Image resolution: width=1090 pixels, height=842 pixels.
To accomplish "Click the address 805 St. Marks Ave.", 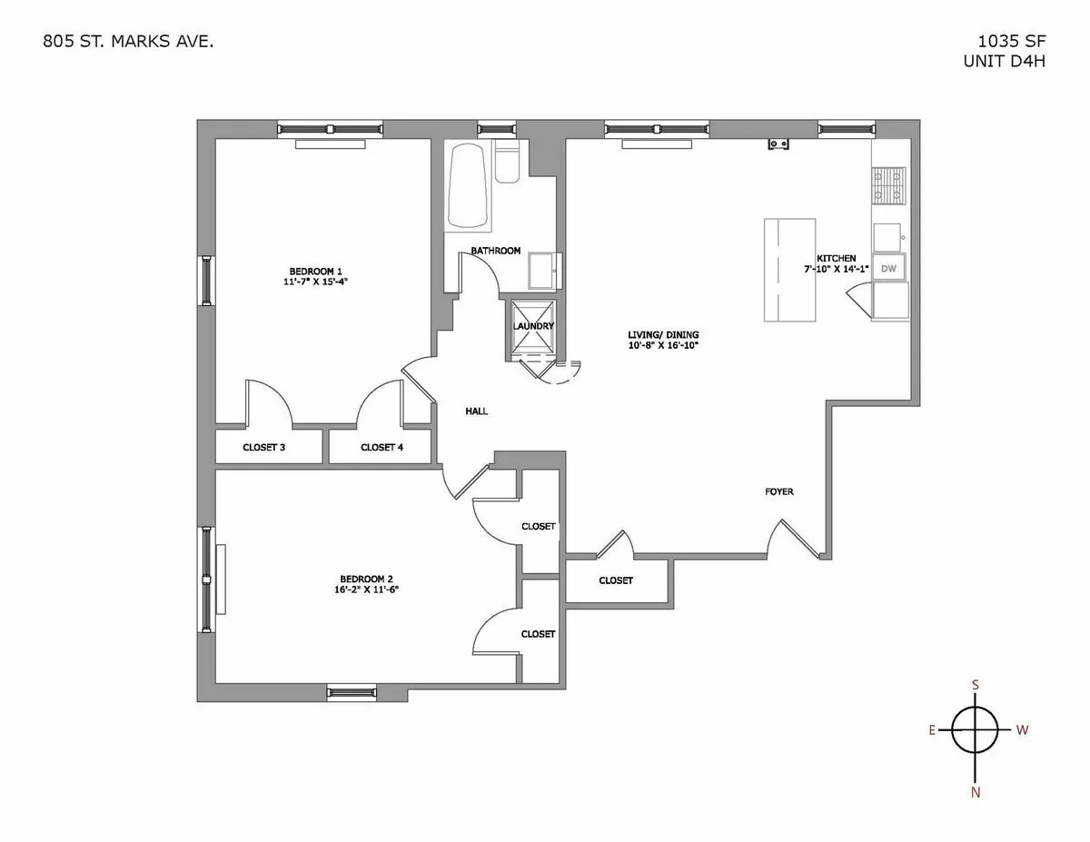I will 128,42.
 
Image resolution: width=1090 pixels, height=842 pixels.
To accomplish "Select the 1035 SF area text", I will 1008,42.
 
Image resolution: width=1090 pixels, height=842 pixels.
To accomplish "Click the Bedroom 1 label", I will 315,271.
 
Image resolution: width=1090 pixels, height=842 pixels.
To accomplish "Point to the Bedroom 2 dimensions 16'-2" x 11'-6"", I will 367,589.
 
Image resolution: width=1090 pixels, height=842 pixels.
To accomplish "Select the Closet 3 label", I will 264,447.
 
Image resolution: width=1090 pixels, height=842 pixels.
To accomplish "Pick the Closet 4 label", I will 381,447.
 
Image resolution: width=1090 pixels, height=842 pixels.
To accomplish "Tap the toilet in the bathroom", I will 508,165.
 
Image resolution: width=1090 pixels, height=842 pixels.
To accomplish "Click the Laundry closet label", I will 533,326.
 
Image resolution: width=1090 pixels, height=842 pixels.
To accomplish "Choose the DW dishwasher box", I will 889,268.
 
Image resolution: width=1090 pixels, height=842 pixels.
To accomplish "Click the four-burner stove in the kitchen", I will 889,186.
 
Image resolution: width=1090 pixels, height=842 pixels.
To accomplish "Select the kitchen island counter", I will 788,269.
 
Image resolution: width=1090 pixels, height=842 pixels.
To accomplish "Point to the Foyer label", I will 778,491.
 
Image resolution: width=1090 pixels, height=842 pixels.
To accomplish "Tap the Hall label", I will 476,411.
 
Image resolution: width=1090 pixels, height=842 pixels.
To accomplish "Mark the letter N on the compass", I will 976,791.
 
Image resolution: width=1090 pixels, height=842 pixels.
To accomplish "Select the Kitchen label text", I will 836,258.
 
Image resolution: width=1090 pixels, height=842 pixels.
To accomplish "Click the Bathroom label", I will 495,251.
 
